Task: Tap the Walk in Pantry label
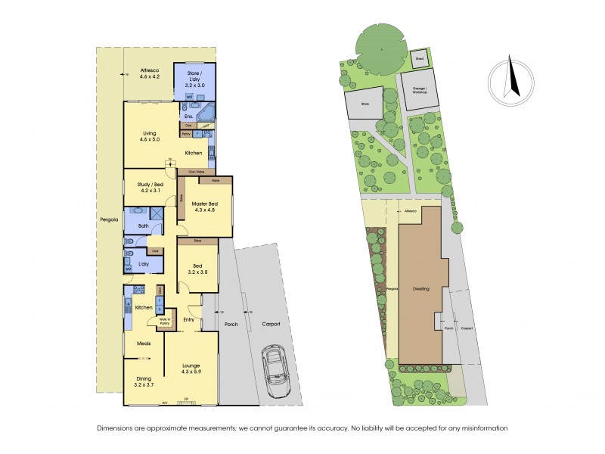(164, 322)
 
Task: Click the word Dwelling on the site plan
(421, 288)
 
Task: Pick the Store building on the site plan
(364, 104)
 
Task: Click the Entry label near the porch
(190, 319)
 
